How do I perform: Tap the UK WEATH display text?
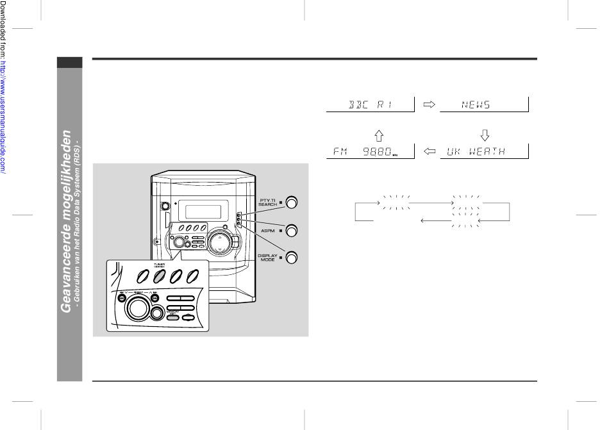point(475,152)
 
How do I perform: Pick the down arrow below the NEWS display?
point(485,135)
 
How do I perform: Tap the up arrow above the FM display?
point(378,135)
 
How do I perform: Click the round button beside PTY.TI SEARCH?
point(292,203)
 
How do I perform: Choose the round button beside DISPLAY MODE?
point(292,258)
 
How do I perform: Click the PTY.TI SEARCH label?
point(268,203)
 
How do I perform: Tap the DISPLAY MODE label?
point(268,258)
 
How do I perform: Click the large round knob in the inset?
point(135,310)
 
